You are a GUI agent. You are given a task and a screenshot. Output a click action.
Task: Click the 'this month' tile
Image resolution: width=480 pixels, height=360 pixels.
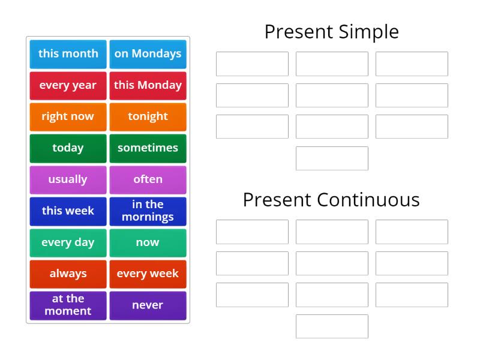tap(68, 54)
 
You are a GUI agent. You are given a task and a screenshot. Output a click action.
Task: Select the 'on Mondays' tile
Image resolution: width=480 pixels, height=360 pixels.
tap(148, 54)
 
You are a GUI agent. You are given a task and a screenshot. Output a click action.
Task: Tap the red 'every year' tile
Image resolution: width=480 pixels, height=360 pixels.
tap(68, 85)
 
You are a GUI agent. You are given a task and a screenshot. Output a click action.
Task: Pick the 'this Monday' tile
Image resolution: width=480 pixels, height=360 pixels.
tap(148, 85)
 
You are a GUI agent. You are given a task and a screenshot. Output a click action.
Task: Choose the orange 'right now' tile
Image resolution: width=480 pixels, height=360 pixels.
tap(68, 116)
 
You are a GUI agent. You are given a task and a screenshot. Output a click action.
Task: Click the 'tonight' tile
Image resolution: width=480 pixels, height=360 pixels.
tap(148, 116)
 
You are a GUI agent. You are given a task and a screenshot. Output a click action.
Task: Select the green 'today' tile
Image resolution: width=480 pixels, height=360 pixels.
tap(68, 148)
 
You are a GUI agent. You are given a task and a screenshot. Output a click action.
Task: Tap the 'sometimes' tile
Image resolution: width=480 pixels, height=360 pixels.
tap(148, 148)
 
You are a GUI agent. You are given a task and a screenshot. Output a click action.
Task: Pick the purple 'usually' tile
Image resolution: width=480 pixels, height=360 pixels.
tap(68, 179)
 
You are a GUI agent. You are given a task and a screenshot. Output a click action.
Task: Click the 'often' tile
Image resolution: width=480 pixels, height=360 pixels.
tap(148, 179)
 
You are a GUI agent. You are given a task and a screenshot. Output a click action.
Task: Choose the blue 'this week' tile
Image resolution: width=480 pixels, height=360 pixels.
tap(68, 211)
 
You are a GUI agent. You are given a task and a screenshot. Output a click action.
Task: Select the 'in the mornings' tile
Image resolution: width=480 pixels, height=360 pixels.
tap(148, 211)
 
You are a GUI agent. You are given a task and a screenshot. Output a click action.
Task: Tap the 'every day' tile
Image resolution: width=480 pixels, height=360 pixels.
tap(68, 242)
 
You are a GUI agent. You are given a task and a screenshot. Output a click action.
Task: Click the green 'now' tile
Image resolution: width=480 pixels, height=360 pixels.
tap(148, 242)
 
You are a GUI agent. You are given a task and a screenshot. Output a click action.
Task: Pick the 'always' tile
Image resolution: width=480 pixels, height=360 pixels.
tap(68, 274)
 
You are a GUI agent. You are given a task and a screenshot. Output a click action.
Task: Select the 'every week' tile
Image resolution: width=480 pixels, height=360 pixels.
tap(148, 274)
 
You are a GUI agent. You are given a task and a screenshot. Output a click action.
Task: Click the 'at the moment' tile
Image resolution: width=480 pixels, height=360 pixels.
tap(68, 305)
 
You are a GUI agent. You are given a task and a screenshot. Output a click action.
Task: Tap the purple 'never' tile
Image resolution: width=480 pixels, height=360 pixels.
tap(148, 305)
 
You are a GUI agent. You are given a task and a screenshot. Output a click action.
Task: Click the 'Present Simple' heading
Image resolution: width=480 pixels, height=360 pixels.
tap(331, 32)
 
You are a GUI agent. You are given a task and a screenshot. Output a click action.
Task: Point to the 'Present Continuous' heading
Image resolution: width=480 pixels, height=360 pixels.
tap(331, 200)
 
